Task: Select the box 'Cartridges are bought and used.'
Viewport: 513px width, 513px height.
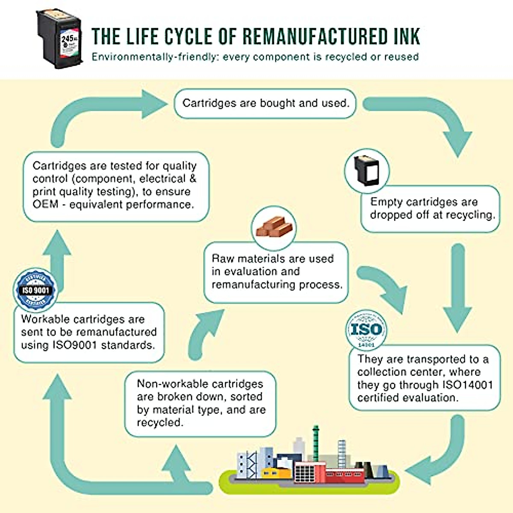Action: coord(265,103)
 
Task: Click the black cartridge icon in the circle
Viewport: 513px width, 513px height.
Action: coord(366,170)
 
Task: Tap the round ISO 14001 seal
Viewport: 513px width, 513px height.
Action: coord(366,330)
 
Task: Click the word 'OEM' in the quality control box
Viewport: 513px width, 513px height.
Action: coord(45,205)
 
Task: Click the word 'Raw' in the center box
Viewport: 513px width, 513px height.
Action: coord(222,259)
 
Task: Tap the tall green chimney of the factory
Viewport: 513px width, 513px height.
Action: coord(316,445)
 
